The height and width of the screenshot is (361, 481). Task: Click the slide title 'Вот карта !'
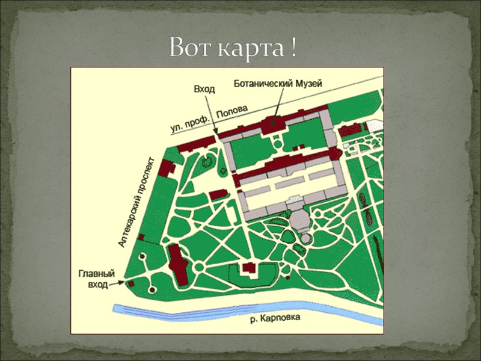(233, 48)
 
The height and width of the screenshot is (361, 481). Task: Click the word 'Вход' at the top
(204, 88)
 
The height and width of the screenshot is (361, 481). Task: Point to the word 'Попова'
(231, 109)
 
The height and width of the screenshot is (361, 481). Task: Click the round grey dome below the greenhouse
(300, 219)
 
